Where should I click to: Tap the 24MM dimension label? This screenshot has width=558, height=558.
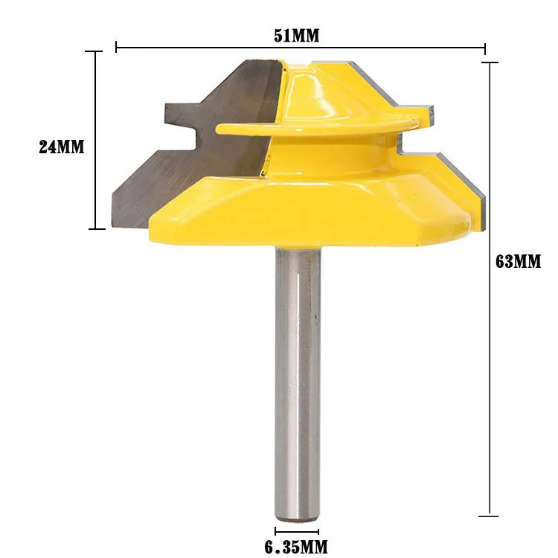coord(62,147)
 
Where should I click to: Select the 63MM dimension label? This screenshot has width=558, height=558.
coord(518,262)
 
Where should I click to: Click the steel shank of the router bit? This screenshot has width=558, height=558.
coord(298,372)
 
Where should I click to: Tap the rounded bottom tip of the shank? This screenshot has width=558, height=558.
coord(298,513)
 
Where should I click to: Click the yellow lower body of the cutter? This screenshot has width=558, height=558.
coord(312,216)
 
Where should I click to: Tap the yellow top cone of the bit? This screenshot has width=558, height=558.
coord(312,89)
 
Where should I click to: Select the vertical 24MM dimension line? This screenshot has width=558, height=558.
coord(94,186)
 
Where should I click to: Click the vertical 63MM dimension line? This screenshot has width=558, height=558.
coord(490,372)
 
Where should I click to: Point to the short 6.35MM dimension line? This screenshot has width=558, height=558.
coord(298,530)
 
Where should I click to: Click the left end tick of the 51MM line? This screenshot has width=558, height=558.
coord(117,48)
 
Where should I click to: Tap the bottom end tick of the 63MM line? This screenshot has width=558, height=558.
coord(490,515)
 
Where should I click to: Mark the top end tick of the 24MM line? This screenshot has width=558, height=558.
coord(94,51)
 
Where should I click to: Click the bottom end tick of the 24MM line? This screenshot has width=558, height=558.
coord(94,228)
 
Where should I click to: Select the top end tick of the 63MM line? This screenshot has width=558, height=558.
coord(490,63)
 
